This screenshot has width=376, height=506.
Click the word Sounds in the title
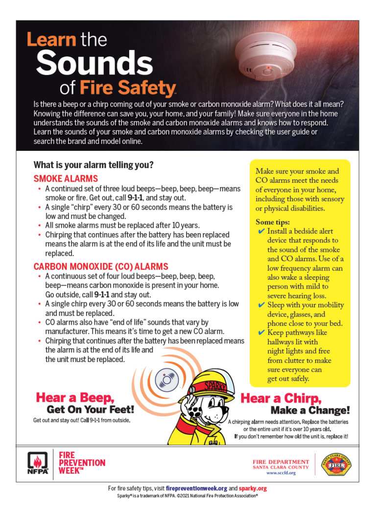coord(94,64)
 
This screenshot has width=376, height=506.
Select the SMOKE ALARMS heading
coord(66,179)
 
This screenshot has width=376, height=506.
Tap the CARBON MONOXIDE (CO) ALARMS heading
coord(101,266)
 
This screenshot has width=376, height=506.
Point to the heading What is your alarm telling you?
coord(94,165)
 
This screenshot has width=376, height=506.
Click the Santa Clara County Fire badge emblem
coord(336,464)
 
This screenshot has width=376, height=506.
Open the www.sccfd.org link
coord(281,473)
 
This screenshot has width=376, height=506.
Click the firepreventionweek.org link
coord(196,488)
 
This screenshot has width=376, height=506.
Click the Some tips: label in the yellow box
coord(273,222)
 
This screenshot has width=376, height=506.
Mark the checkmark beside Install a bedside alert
coord(261,231)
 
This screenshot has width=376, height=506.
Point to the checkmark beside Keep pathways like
coord(261,333)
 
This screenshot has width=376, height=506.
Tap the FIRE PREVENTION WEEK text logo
coord(82,463)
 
